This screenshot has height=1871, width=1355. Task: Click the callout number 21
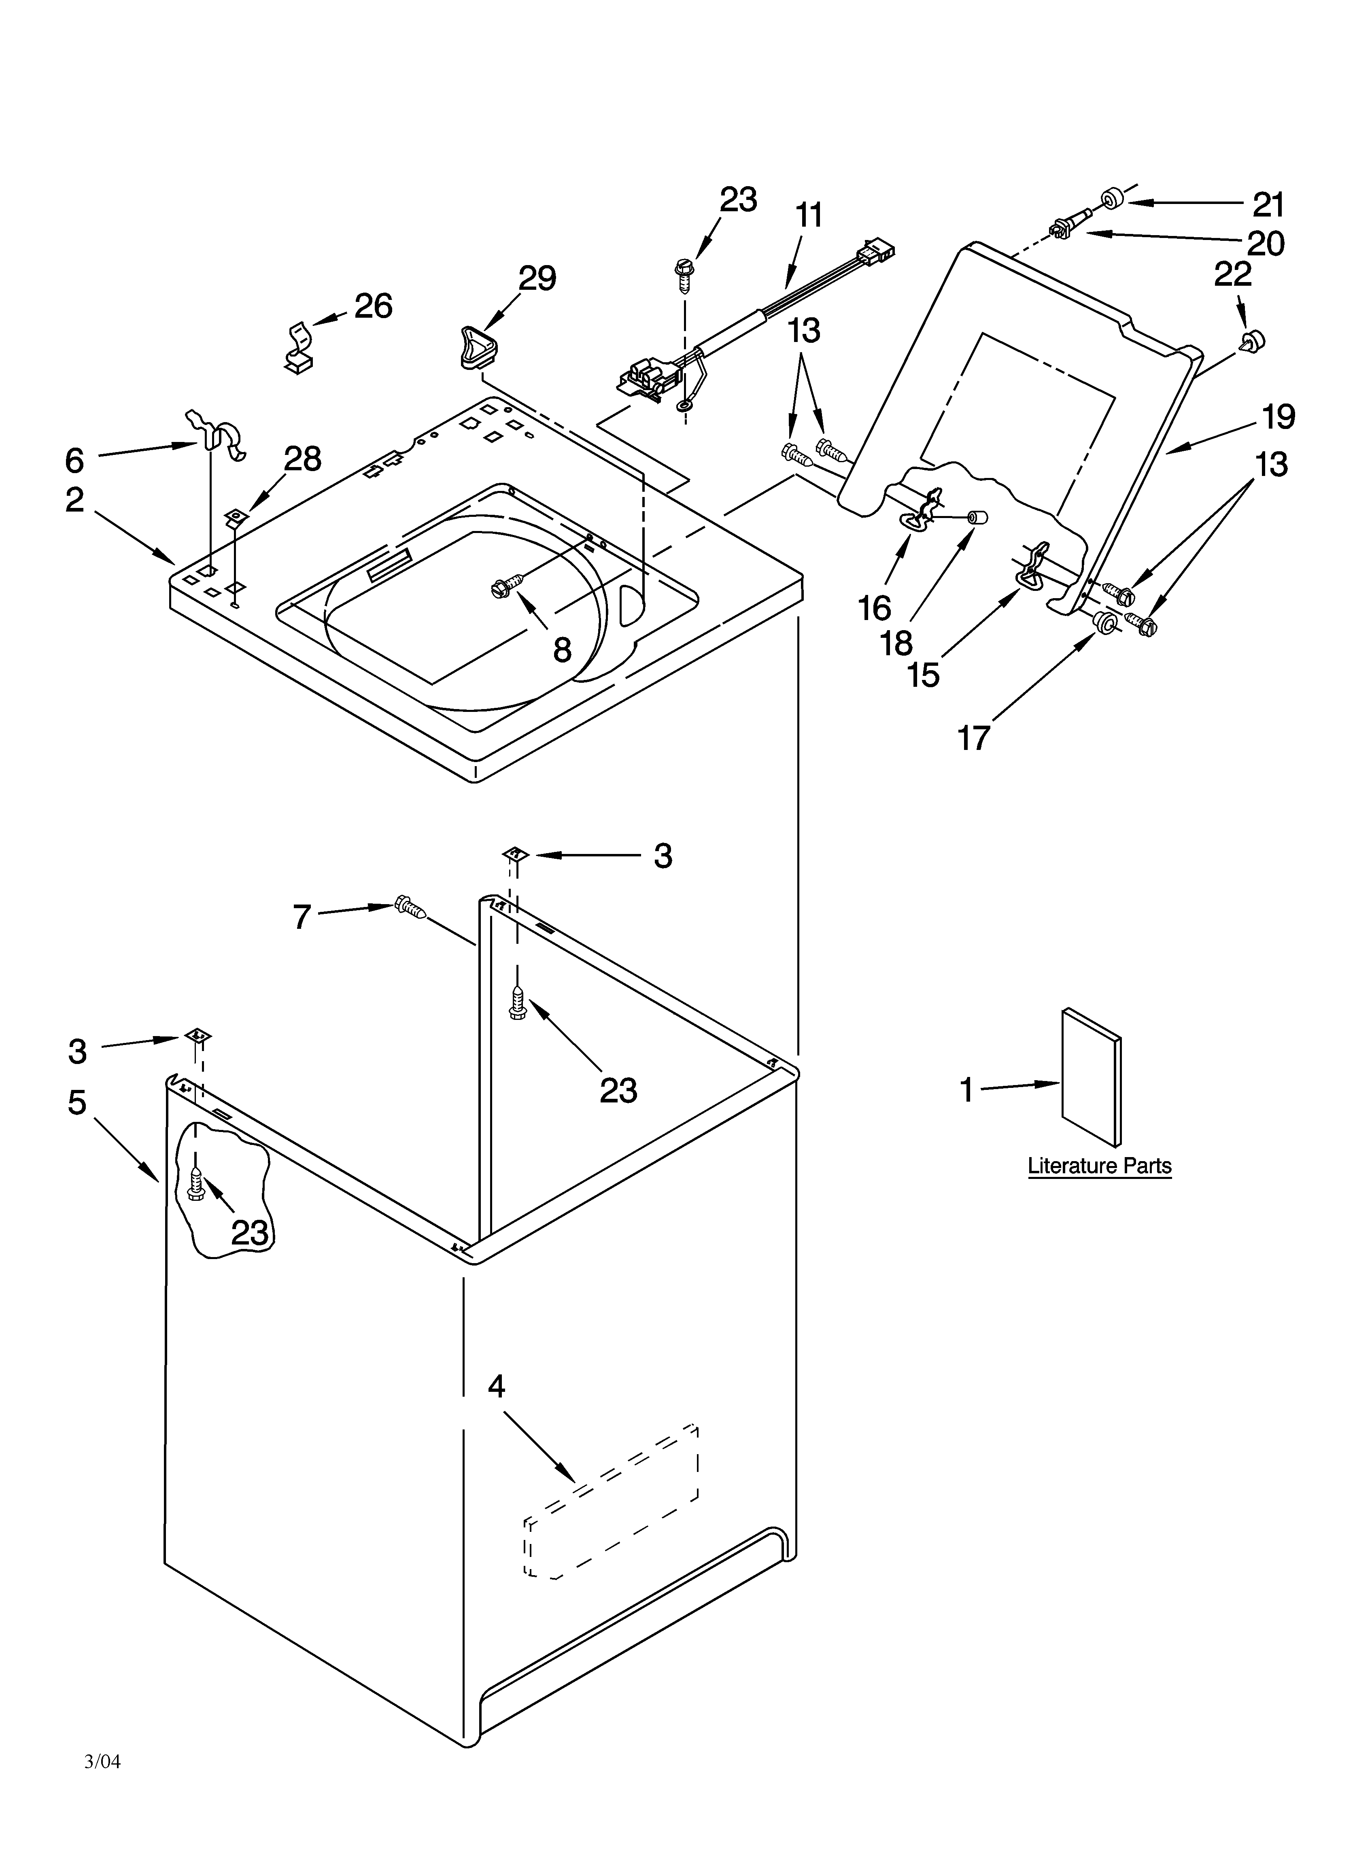pos(1269,204)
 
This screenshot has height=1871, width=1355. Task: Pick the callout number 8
pos(562,650)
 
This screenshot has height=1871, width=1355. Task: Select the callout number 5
pos(77,1102)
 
